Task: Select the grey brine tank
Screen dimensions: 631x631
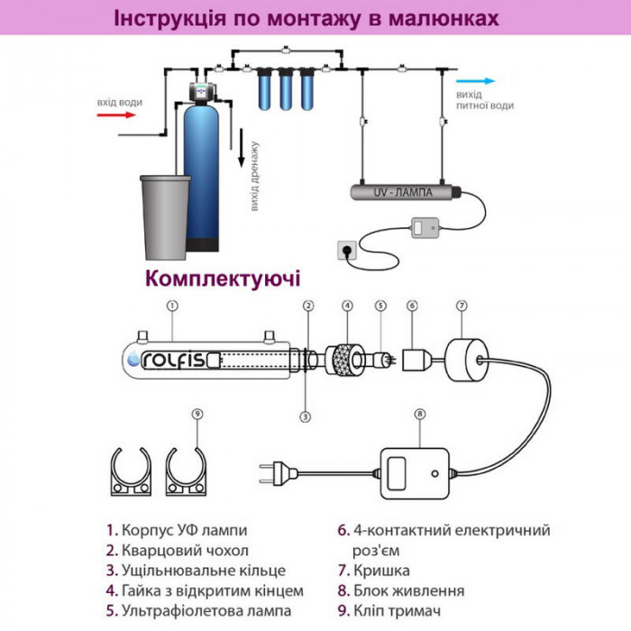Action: click(166, 214)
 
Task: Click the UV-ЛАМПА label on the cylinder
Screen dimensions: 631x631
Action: click(401, 192)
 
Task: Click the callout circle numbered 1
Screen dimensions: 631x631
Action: click(171, 305)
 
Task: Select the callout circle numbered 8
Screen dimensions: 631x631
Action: click(418, 414)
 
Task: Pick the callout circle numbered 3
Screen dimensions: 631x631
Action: click(306, 416)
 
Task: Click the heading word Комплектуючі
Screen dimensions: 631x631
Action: click(223, 277)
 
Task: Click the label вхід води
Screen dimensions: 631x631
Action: click(119, 102)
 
